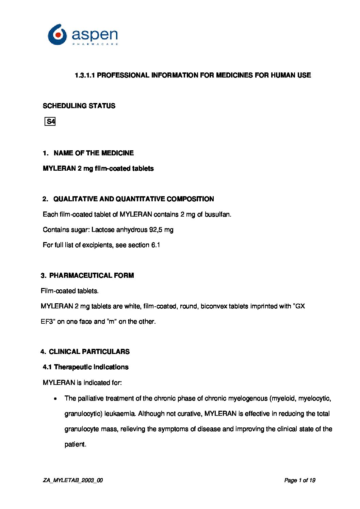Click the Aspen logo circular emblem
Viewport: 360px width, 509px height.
[x=57, y=35]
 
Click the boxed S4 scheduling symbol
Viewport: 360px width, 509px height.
[x=50, y=122]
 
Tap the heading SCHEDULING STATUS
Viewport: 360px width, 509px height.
[x=79, y=106]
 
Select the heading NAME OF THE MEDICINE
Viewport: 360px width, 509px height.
[x=94, y=153]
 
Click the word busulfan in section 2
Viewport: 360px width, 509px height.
[x=217, y=215]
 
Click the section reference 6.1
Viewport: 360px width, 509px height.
[x=156, y=245]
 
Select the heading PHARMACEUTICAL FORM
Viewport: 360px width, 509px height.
[x=91, y=276]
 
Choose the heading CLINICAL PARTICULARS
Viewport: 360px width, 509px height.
[x=89, y=352]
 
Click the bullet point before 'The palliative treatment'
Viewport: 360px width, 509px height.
[x=55, y=399]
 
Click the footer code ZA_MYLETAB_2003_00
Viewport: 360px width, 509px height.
[x=73, y=480]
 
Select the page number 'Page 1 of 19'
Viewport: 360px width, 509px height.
[x=299, y=480]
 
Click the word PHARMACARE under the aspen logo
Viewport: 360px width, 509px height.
[x=95, y=44]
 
